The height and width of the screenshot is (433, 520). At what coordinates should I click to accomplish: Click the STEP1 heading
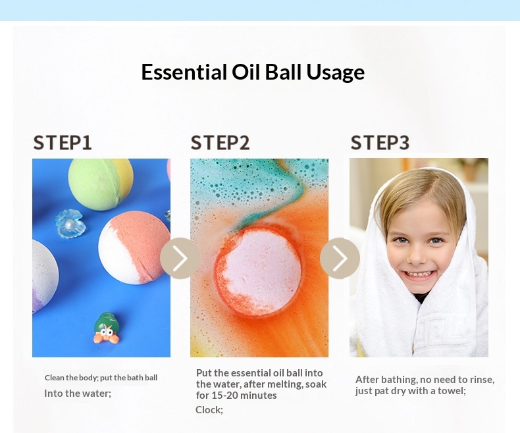tap(63, 143)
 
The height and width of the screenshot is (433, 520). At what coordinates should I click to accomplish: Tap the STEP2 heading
tap(221, 143)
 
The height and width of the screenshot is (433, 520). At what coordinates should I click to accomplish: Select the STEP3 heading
tap(380, 143)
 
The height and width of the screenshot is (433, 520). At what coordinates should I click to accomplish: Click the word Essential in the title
tap(184, 72)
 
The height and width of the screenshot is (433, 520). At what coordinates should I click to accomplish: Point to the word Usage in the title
tap(335, 73)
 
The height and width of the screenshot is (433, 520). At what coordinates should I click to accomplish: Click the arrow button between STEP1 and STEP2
tap(180, 258)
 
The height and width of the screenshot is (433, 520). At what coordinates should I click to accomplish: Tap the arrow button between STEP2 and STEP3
tap(340, 258)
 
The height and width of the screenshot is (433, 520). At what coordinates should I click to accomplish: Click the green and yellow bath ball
tap(101, 184)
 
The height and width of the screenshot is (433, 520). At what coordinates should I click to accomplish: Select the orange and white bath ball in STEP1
tap(134, 247)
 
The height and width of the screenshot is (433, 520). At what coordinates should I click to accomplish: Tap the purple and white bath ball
tap(45, 276)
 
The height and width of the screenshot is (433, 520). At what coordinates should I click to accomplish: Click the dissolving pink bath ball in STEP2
tap(258, 270)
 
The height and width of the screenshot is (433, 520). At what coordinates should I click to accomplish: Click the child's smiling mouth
tap(417, 275)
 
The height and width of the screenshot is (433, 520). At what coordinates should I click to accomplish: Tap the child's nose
tap(417, 255)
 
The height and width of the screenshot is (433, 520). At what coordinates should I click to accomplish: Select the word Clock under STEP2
tap(209, 410)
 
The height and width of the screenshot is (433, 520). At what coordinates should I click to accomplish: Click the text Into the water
tap(78, 394)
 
